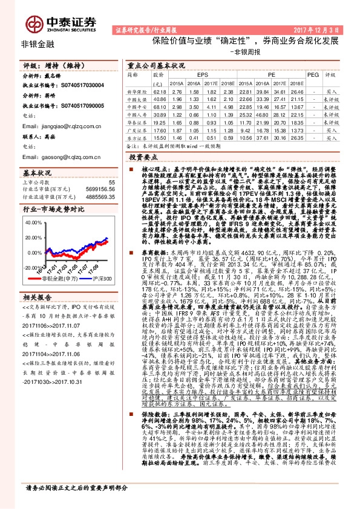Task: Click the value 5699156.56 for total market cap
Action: (100, 189)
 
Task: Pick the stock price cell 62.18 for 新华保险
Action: (160, 90)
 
